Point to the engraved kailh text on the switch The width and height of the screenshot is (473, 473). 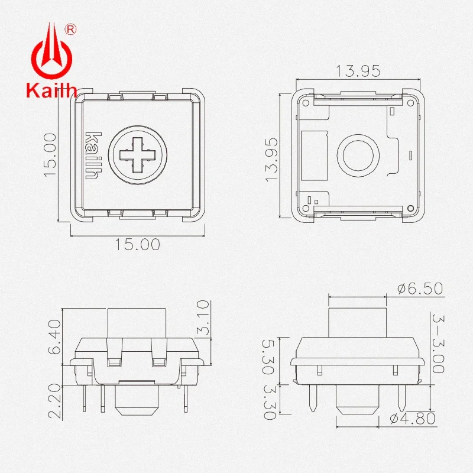pyautogui.click(x=93, y=155)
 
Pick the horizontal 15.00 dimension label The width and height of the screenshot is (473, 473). pyautogui.click(x=137, y=244)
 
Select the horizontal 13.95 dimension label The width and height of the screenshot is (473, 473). pyautogui.click(x=358, y=71)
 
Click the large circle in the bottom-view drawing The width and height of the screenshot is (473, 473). pyautogui.click(x=358, y=155)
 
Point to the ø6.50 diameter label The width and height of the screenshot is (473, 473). pyautogui.click(x=420, y=289)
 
